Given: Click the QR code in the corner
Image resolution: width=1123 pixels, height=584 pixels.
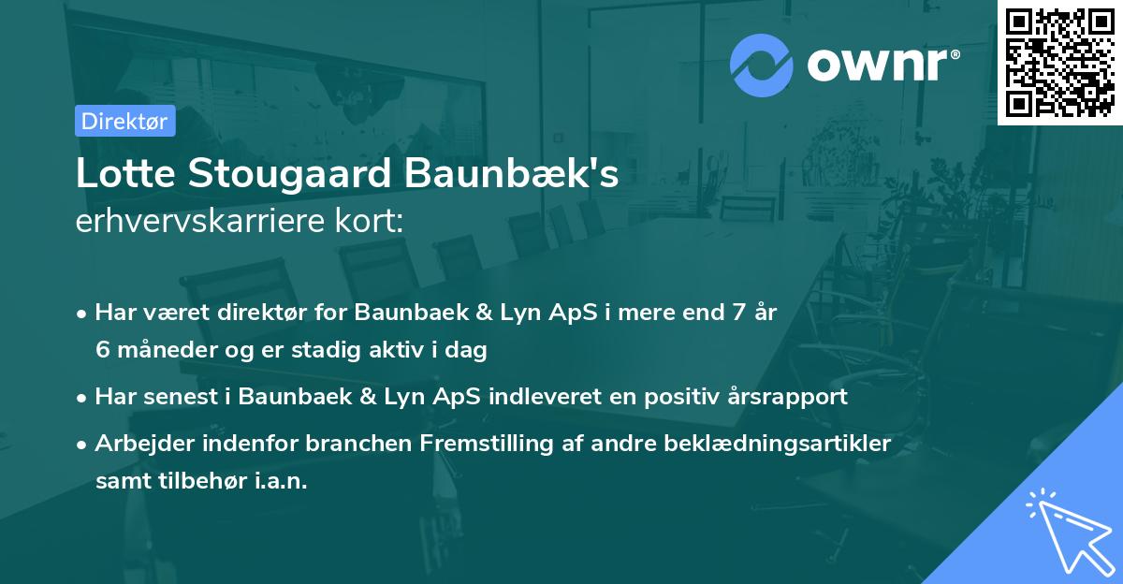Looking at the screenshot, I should (x=1060, y=62).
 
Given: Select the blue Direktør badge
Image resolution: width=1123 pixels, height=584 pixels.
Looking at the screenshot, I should (x=124, y=121).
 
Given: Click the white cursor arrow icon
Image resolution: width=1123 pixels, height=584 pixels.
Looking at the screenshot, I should (x=1066, y=530).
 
